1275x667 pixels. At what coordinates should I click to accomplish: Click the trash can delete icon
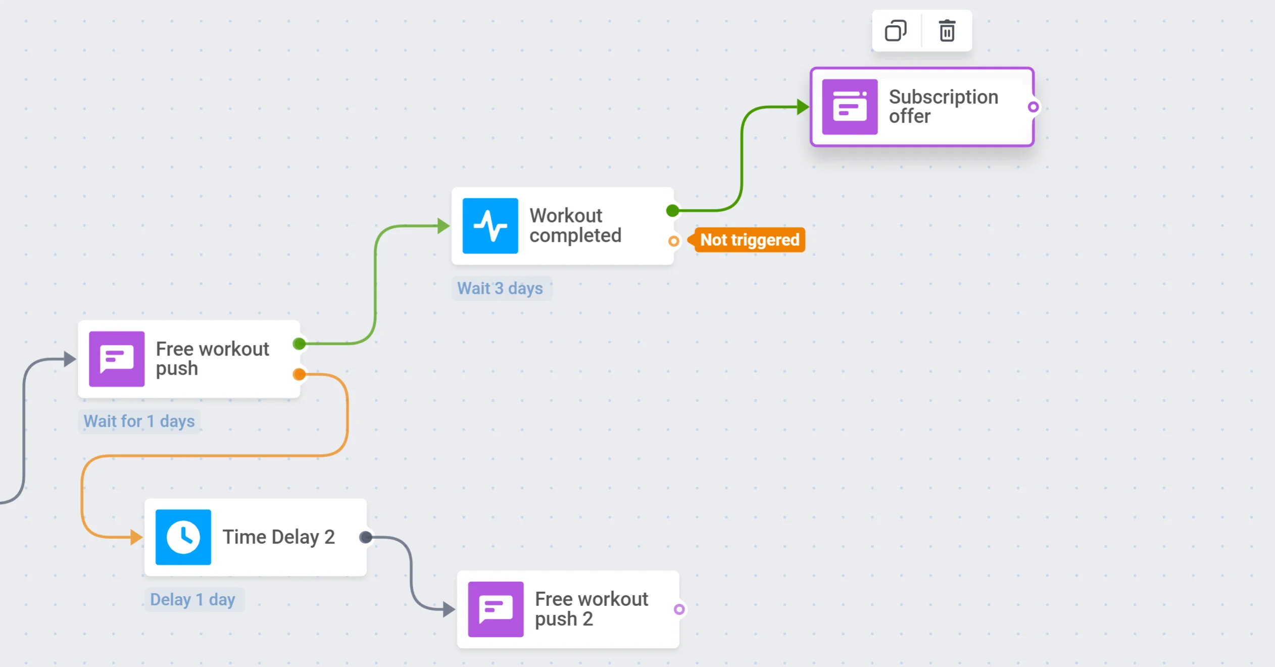947,31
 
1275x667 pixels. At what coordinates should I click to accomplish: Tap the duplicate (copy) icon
896,31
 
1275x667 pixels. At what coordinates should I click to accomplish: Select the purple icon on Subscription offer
850,107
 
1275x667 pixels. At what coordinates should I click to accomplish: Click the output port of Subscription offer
1034,107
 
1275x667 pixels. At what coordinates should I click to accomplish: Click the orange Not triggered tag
749,240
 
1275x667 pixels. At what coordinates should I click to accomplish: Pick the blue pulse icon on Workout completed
490,226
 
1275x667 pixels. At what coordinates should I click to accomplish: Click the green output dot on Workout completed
672,211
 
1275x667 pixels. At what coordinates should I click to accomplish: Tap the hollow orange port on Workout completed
673,241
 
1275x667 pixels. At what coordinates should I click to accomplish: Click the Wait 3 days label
500,288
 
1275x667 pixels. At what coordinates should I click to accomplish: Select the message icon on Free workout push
117,359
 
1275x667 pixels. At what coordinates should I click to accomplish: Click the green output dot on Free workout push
299,344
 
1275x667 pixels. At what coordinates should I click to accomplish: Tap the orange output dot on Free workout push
299,374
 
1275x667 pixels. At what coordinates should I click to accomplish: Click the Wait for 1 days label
139,421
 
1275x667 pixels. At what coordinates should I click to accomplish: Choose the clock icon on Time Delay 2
183,537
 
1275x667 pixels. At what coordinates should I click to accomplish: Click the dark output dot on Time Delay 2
366,537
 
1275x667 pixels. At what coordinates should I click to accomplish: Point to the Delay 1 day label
193,599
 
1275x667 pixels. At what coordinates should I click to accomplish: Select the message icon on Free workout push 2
496,609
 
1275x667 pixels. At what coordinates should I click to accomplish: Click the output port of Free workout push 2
679,609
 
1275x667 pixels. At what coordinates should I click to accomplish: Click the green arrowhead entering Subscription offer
802,107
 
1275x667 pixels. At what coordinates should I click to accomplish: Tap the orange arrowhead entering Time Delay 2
136,537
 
